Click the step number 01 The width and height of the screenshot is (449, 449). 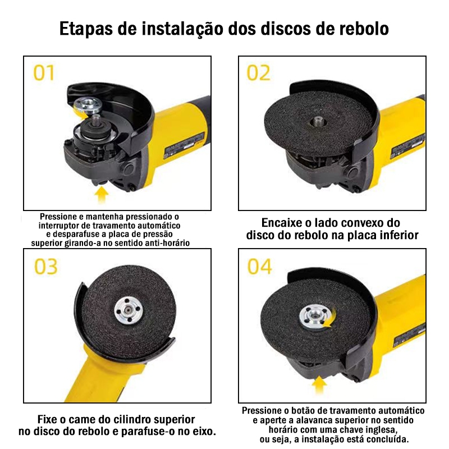(x=44, y=73)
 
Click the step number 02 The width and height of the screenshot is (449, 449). (x=258, y=73)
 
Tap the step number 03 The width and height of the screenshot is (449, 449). (x=46, y=267)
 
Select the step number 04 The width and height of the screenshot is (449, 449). (x=259, y=267)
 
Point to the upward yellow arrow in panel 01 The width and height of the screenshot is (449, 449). (x=101, y=195)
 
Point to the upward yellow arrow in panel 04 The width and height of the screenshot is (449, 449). (x=319, y=384)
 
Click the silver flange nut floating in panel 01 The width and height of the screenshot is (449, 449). (x=86, y=104)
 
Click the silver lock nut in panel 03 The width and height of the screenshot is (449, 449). (x=127, y=311)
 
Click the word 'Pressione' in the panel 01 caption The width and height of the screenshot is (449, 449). (x=58, y=217)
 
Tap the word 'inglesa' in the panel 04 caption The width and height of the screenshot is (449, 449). (x=378, y=430)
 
